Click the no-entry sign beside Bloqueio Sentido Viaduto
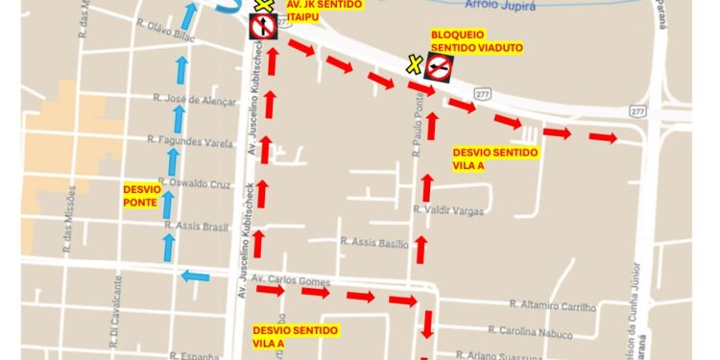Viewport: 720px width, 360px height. (440, 67)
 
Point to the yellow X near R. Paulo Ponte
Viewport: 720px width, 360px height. (414, 65)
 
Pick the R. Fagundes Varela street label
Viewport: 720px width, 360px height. (190, 141)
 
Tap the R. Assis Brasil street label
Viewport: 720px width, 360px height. (195, 226)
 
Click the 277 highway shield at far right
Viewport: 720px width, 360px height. (636, 112)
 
